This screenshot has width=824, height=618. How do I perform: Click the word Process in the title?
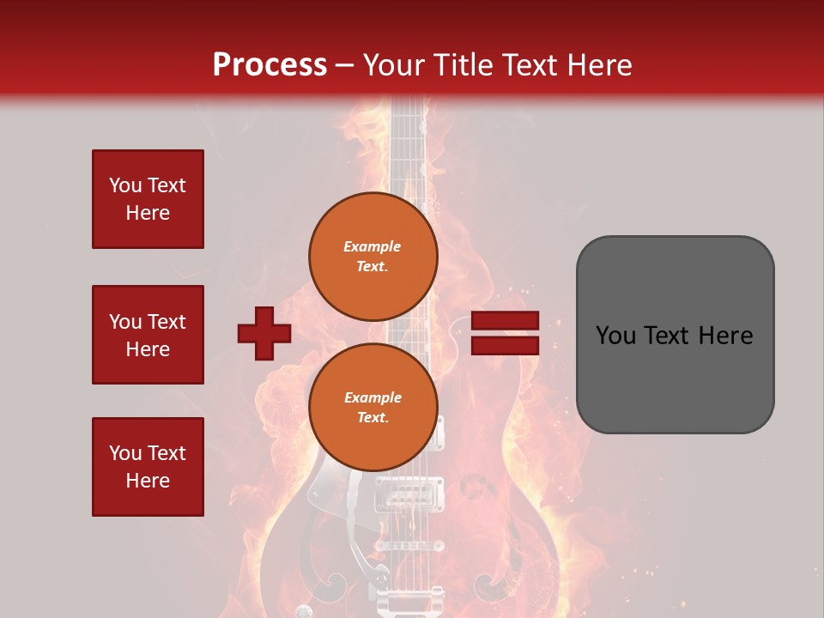click(270, 65)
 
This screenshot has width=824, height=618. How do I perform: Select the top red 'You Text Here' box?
click(148, 199)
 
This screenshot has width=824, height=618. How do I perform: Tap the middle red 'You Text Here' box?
click(148, 335)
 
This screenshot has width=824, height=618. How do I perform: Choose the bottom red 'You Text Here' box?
click(148, 467)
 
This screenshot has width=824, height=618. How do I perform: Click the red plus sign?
click(264, 334)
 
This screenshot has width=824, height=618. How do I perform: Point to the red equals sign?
click(506, 333)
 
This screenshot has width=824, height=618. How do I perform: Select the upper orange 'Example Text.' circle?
click(373, 257)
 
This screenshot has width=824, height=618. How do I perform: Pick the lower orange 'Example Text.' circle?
click(373, 408)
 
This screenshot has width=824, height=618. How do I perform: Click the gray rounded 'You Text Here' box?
click(675, 335)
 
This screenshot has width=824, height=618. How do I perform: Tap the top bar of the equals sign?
click(506, 321)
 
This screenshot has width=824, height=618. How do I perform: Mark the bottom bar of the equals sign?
click(506, 345)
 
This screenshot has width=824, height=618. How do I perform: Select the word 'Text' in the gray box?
click(674, 336)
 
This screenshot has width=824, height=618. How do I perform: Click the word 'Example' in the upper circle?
click(372, 247)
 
